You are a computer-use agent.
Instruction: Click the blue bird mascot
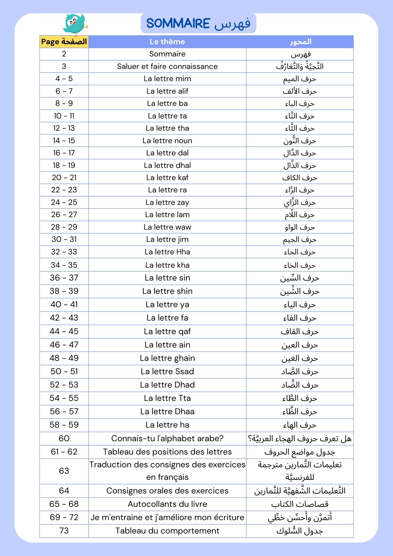[75, 24]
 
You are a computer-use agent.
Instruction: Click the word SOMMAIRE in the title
[178, 23]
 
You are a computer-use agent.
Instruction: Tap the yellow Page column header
[64, 42]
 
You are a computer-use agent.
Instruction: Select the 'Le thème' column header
[167, 42]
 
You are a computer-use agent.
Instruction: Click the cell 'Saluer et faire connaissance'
[167, 66]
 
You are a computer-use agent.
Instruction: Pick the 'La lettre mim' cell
[167, 79]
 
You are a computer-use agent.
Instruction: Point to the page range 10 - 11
[64, 116]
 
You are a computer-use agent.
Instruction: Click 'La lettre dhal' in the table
[167, 165]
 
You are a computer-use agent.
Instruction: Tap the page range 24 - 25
[64, 202]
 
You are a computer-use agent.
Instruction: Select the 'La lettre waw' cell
[167, 227]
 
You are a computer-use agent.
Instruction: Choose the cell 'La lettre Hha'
[167, 252]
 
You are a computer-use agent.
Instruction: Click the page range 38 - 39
[64, 291]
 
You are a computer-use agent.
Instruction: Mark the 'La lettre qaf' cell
[167, 331]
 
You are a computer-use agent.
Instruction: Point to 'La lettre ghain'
[167, 358]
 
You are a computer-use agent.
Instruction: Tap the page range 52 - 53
[64, 385]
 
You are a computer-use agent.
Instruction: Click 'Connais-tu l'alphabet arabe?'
[167, 438]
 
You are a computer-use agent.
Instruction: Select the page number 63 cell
[64, 471]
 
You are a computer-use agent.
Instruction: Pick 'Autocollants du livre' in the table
[167, 504]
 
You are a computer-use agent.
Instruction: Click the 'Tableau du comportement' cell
[167, 531]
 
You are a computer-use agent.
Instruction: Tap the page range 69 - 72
[64, 517]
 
